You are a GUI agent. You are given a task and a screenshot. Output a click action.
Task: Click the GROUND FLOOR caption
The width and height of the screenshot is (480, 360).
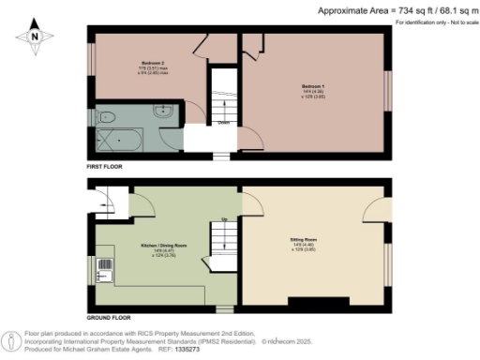click(108, 318)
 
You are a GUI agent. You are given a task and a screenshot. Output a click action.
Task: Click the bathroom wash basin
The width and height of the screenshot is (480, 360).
click(163, 111)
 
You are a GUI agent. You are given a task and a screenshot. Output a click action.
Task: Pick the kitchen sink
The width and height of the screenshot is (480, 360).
click(105, 275)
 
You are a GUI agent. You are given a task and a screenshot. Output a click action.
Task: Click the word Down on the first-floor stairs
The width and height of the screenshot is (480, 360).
click(224, 121)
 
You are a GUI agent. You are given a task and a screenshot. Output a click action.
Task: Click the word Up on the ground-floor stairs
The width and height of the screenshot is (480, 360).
click(224, 220)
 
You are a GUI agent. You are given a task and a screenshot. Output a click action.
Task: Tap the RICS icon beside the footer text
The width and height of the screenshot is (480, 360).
click(10, 338)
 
